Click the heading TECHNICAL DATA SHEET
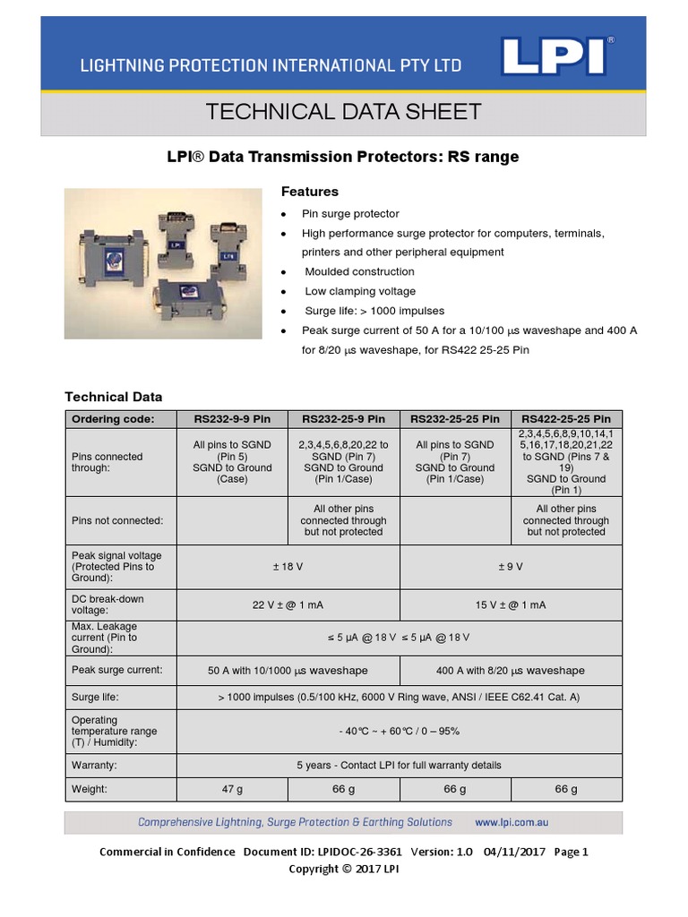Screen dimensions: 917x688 (344, 112)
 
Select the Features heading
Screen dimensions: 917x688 (310, 192)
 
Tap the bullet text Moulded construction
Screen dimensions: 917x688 (359, 271)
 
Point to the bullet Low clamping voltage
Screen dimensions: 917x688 (360, 291)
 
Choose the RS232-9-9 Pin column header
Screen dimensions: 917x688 (232, 419)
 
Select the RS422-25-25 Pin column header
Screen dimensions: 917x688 (566, 419)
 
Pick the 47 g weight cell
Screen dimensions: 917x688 (232, 789)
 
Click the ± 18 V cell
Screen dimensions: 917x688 (288, 567)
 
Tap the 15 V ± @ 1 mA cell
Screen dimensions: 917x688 (510, 605)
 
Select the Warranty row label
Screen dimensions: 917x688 (95, 766)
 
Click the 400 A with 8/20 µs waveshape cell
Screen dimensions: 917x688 (510, 670)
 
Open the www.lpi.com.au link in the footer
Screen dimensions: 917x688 (512, 822)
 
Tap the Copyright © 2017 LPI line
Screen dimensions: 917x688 (344, 869)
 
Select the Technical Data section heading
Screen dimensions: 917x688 (114, 396)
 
